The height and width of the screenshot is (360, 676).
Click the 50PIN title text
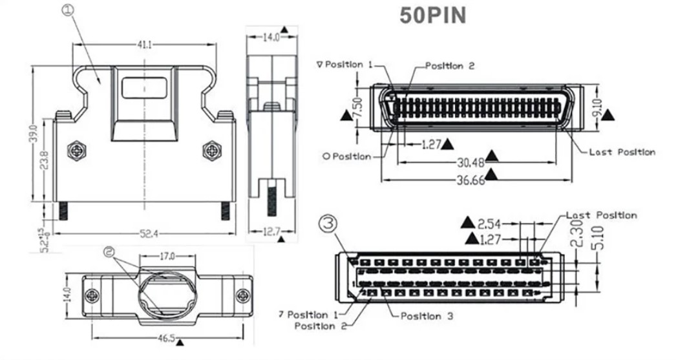(x=432, y=15)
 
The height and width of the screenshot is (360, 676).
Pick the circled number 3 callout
(x=328, y=224)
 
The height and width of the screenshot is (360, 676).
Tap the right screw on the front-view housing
(x=211, y=151)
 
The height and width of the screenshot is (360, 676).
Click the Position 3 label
(x=427, y=316)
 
